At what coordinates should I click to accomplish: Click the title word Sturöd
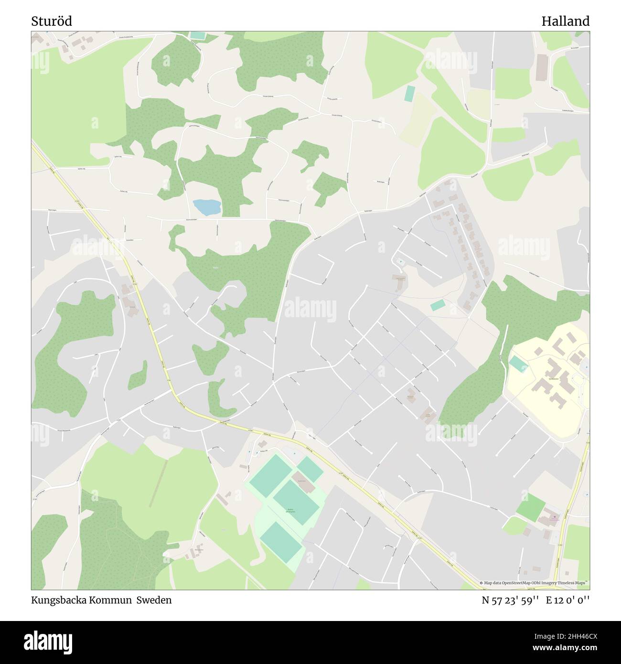point(52,21)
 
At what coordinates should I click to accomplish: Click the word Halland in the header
point(565,21)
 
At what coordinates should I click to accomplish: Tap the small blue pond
point(207,207)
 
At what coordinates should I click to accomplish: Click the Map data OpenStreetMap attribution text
point(535,583)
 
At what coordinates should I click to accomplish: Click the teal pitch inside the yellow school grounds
point(519,364)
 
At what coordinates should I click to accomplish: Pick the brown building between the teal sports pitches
point(306,484)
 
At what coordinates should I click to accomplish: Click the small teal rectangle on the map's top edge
point(197,35)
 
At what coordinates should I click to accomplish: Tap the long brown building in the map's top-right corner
point(542,67)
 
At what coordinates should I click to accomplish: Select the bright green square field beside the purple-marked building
point(530,507)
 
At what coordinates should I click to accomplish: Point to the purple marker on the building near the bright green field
point(554,517)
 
